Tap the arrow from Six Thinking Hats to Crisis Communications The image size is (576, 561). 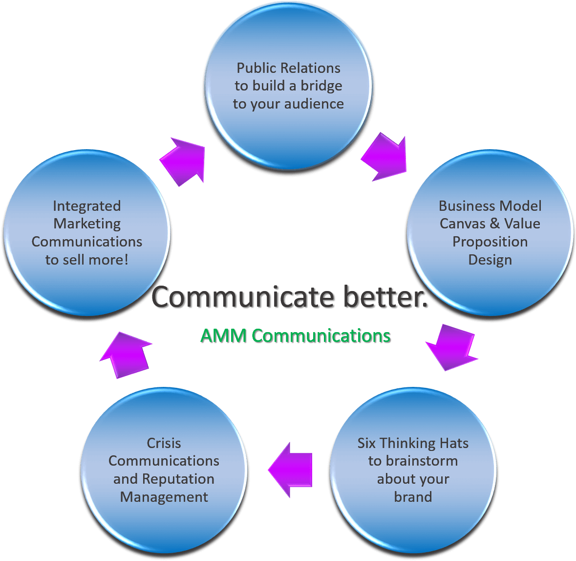(291, 470)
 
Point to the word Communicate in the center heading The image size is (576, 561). (244, 297)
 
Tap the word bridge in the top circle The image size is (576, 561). (321, 86)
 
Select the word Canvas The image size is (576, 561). (463, 224)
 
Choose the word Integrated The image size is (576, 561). (87, 206)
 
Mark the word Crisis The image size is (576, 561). (164, 443)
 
